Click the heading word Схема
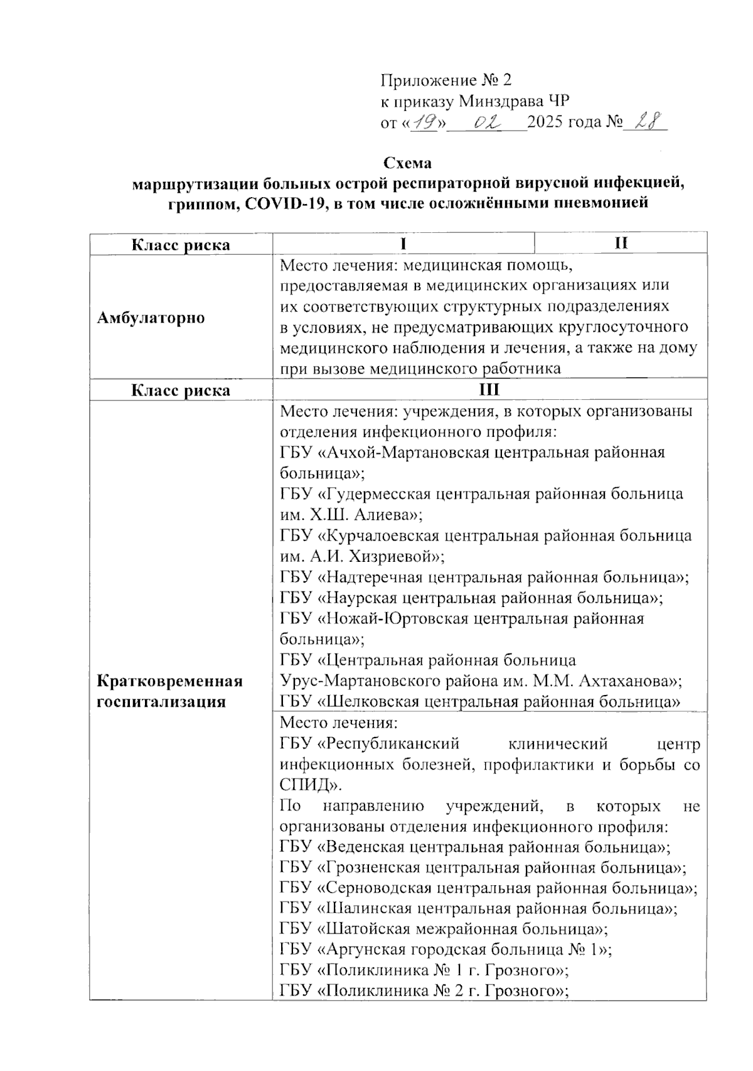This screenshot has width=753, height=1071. point(407,163)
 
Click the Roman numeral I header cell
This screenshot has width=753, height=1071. point(404,244)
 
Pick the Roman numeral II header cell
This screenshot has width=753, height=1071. point(621,244)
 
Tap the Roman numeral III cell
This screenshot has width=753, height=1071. point(489,390)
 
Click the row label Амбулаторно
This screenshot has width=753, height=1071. point(151,318)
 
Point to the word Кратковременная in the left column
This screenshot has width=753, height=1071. point(169,681)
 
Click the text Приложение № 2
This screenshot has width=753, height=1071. point(446,80)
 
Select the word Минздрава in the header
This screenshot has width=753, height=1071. point(503,100)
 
